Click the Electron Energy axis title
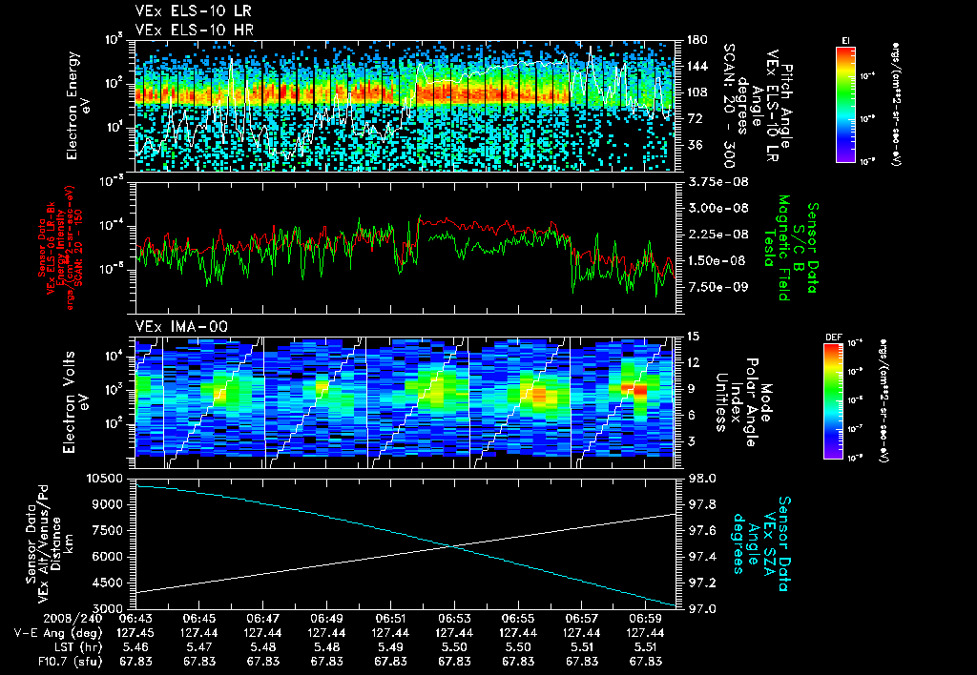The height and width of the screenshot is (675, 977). (76, 100)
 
